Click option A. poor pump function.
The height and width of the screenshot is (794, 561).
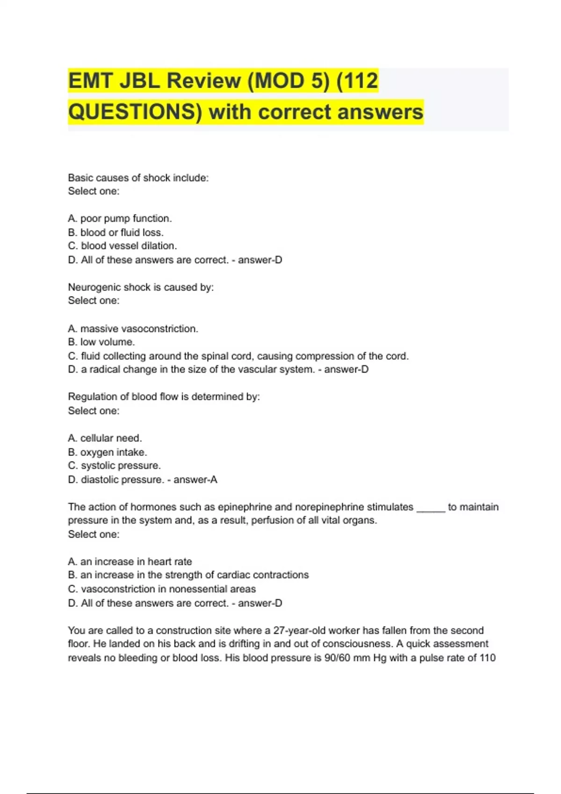coord(120,219)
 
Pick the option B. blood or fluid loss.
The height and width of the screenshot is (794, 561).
coord(116,233)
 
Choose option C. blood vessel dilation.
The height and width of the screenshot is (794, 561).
coord(122,246)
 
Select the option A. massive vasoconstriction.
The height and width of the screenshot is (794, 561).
coord(133,329)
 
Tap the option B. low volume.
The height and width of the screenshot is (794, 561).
coord(101,342)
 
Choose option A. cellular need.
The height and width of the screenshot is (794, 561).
coord(105,438)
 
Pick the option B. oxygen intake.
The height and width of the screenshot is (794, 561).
coord(108,452)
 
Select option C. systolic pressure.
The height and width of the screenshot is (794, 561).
coord(115,466)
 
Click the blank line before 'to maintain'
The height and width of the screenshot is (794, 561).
coord(431,509)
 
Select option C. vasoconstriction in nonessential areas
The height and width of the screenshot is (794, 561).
coord(162,589)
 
